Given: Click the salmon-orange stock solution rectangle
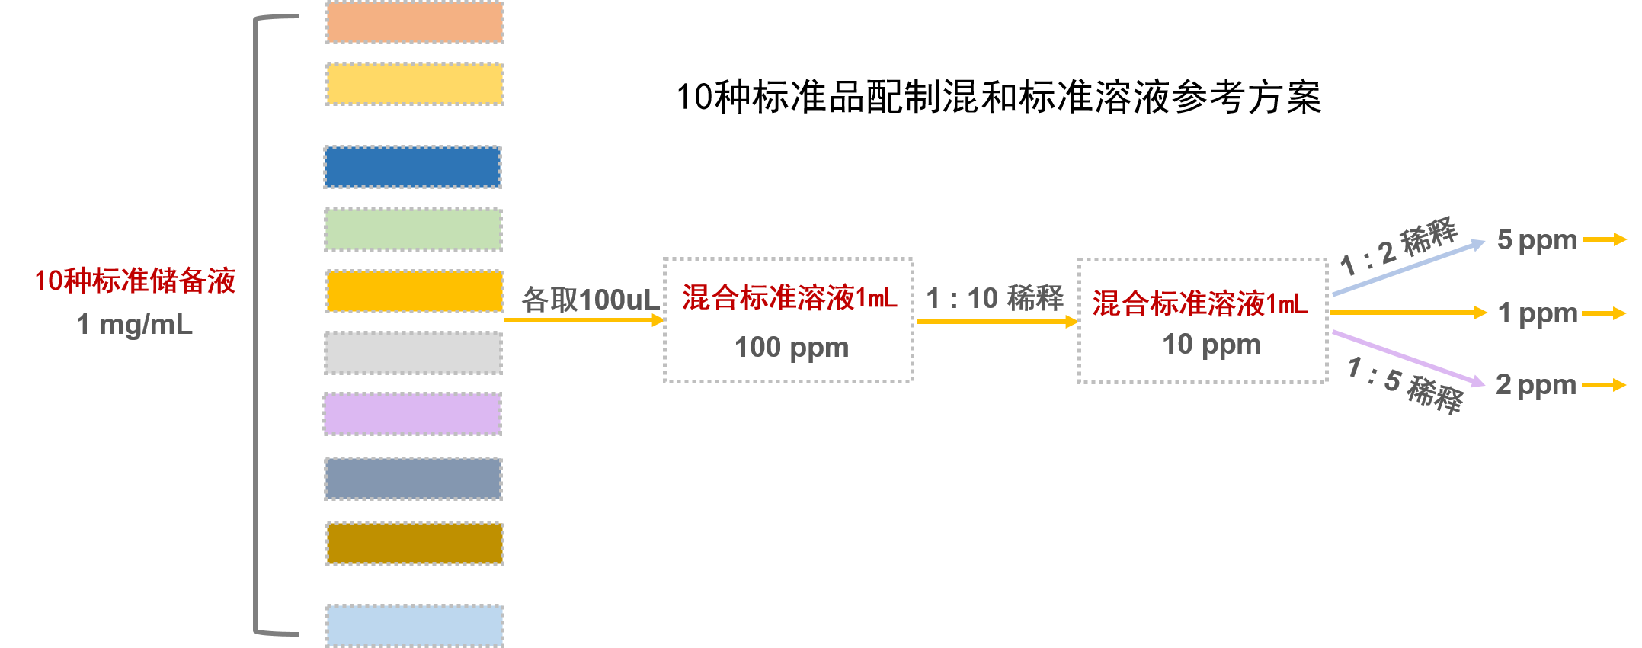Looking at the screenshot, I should coord(415,22).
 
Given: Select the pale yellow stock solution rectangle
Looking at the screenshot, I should coord(415,84).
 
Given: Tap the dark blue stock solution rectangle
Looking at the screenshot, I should coord(412,167).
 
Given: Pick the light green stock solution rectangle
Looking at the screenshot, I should coord(413,229).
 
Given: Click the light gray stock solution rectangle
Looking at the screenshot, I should coord(413,353).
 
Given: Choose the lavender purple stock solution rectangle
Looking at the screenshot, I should coord(412,414).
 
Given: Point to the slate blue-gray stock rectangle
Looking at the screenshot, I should coord(413,479).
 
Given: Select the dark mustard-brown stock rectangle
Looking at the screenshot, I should coord(415,544).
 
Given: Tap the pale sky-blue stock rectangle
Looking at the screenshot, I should coord(415,625).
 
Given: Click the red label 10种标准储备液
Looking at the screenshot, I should coord(136,281).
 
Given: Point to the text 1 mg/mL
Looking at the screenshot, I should coord(135,325).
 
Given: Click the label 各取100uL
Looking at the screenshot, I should coord(590,300).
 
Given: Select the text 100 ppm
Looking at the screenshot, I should coord(792,348).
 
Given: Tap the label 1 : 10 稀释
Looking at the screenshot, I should coord(994,298).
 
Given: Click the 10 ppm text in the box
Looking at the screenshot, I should coord(1211,345).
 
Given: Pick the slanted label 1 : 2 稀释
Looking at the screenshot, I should coord(1398,246).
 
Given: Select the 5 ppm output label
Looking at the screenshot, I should coord(1536,240).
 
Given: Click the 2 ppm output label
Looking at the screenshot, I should coord(1535,385).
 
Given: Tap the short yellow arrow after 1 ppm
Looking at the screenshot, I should coord(1604,313).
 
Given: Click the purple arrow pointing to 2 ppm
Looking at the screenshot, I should coord(1408,357).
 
